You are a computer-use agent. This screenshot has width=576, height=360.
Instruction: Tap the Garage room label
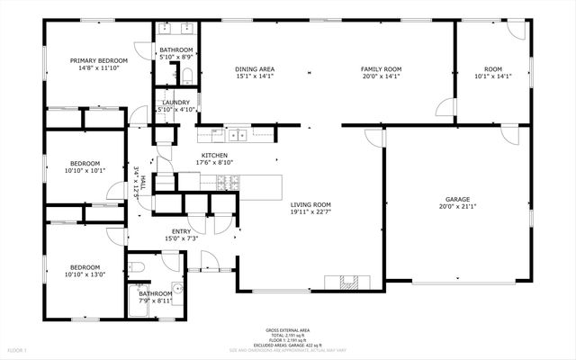click(457, 199)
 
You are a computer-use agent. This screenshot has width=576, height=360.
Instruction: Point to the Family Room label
click(381, 69)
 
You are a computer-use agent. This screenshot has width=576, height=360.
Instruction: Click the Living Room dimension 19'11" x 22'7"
click(311, 212)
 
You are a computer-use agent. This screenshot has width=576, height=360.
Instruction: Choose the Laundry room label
click(175, 103)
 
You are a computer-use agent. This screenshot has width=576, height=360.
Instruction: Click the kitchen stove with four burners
click(229, 183)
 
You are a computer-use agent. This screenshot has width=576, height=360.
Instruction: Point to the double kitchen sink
click(238, 136)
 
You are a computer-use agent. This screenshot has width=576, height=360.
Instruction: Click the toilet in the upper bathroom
click(187, 76)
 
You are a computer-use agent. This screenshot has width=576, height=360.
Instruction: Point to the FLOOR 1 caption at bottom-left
click(17, 348)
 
